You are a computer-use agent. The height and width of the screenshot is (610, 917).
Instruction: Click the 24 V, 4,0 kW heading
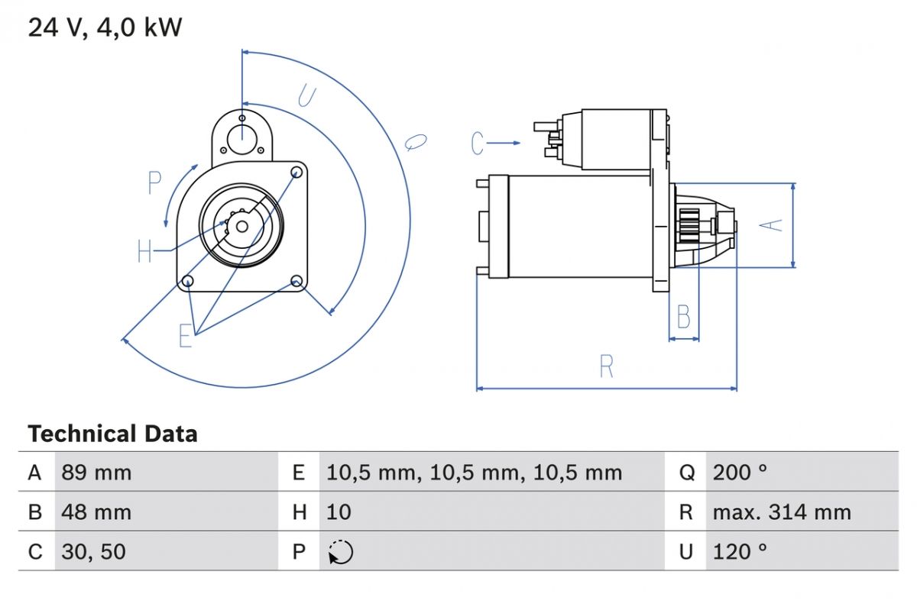click(x=105, y=28)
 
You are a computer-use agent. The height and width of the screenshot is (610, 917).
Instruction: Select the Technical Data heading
click(x=112, y=434)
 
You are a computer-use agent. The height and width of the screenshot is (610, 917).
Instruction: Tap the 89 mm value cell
click(x=96, y=473)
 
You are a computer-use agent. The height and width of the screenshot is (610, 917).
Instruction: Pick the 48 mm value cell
click(x=96, y=512)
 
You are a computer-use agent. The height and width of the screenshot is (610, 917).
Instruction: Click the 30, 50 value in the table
click(x=93, y=551)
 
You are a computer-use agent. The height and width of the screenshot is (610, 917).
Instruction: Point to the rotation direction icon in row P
click(x=340, y=552)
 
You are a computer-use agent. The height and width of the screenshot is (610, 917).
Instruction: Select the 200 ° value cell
click(x=740, y=473)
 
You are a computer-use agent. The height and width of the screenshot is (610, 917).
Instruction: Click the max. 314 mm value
click(x=781, y=512)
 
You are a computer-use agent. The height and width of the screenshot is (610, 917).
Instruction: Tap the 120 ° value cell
click(x=740, y=551)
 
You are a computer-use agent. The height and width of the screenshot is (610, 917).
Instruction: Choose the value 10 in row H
click(x=339, y=512)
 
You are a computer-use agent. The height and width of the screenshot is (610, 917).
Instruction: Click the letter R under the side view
click(x=607, y=367)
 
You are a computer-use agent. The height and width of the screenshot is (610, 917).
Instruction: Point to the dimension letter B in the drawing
click(x=684, y=317)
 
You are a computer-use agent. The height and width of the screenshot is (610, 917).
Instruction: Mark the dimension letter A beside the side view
click(x=773, y=224)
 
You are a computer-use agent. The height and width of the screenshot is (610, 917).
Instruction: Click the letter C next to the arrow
click(x=478, y=143)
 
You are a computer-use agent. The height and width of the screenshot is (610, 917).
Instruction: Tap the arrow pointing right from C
click(x=504, y=143)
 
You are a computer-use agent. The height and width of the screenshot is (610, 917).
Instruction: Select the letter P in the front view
click(x=155, y=182)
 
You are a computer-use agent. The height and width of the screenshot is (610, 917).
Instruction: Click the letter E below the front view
click(x=186, y=336)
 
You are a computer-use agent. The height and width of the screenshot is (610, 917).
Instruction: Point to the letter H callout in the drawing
click(x=145, y=251)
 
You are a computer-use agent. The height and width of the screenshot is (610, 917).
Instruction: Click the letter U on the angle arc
click(x=306, y=96)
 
